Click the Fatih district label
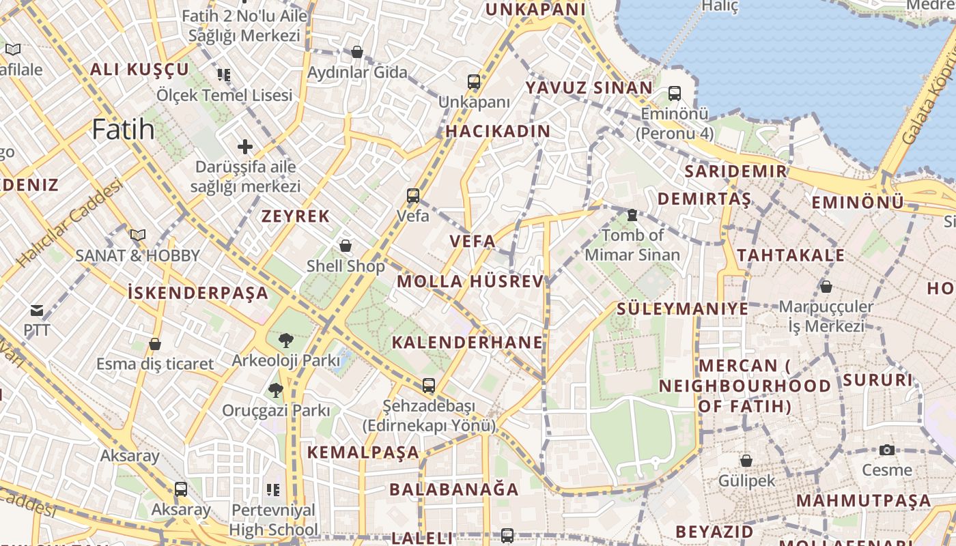pos(123,129)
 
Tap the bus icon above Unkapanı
pos(474,82)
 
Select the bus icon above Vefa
pos(413,196)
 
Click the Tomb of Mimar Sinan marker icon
pos(632,215)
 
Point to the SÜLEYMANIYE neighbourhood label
pos(682,308)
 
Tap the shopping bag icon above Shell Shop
pos(346,246)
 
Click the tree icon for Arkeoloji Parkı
pos(285,340)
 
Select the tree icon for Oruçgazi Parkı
pos(275,390)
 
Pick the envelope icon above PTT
pos(37,311)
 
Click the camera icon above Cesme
pos(886,450)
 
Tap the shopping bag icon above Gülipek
pos(746,461)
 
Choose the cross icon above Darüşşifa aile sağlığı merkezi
pos(245,146)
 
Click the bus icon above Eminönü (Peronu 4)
pos(675,94)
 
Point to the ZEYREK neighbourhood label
pos(296,216)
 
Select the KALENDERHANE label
pos(467,343)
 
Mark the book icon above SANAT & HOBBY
pos(138,235)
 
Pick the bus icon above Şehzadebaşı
pos(428,386)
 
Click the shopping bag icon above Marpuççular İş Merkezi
pos(826,287)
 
